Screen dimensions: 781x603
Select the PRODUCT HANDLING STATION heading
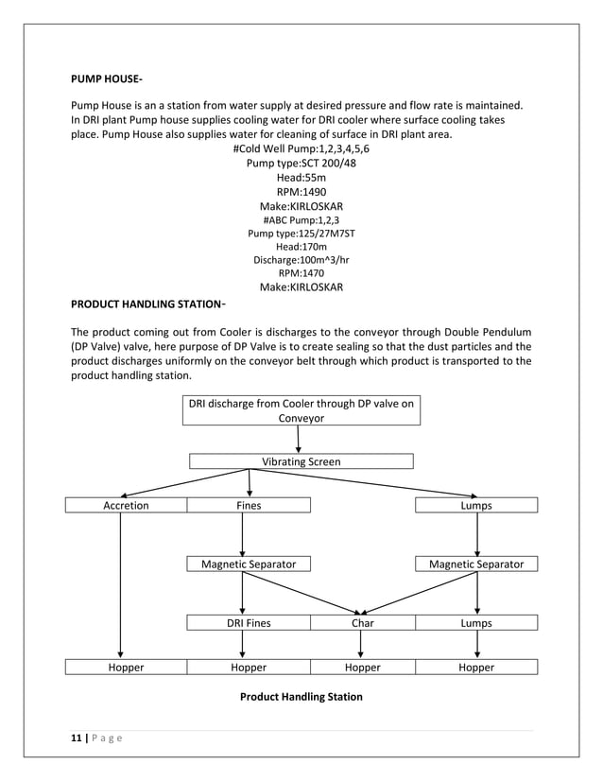click(147, 304)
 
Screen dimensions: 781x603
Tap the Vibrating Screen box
click(301, 461)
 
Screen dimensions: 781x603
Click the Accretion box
click(126, 506)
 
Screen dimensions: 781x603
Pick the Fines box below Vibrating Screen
click(249, 506)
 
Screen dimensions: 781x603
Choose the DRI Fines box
click(249, 623)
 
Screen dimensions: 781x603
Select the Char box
click(362, 623)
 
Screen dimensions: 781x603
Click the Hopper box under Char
click(362, 667)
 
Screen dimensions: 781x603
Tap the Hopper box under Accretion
click(126, 667)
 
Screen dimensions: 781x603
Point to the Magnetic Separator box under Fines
click(249, 564)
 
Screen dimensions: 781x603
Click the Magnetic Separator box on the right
click(476, 564)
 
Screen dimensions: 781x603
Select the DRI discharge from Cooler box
click(301, 410)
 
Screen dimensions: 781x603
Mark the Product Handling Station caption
click(301, 697)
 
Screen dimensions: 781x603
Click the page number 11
click(77, 738)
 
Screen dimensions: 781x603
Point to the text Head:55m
click(301, 177)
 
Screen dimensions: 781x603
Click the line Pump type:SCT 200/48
click(301, 163)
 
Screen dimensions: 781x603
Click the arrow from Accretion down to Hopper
click(120, 586)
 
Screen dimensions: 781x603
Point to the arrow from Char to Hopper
click(362, 645)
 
